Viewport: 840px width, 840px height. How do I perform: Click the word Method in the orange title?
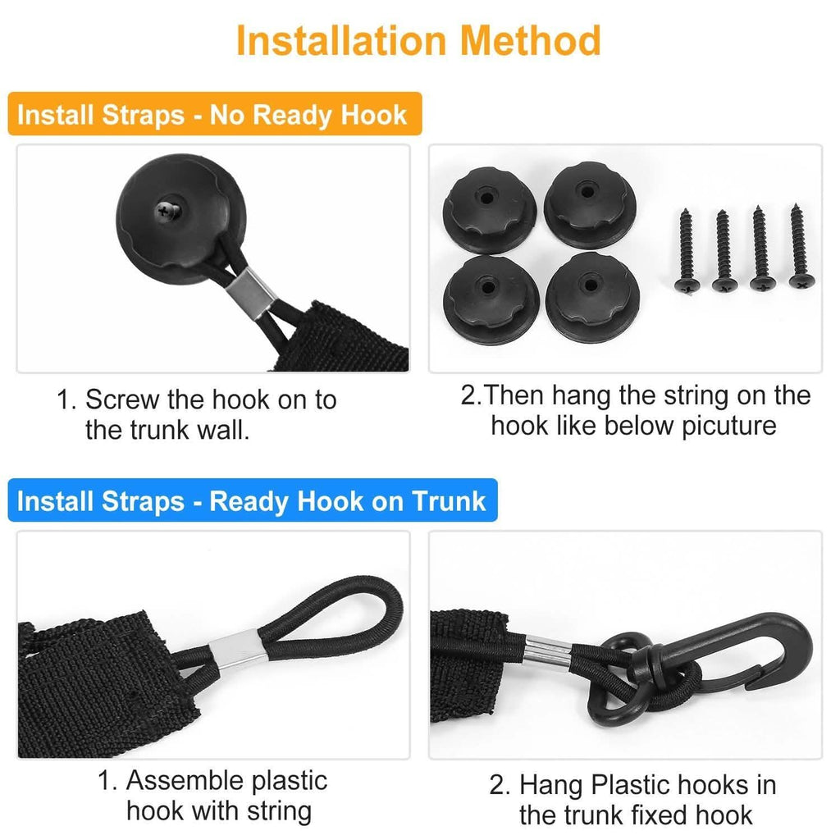[531, 41]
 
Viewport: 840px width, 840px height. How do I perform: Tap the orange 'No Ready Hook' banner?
[215, 114]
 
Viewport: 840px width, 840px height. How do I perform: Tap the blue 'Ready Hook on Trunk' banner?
[253, 500]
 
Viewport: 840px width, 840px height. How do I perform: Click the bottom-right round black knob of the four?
[592, 298]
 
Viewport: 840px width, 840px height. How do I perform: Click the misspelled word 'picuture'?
[728, 427]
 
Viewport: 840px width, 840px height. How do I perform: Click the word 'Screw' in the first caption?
[123, 399]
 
